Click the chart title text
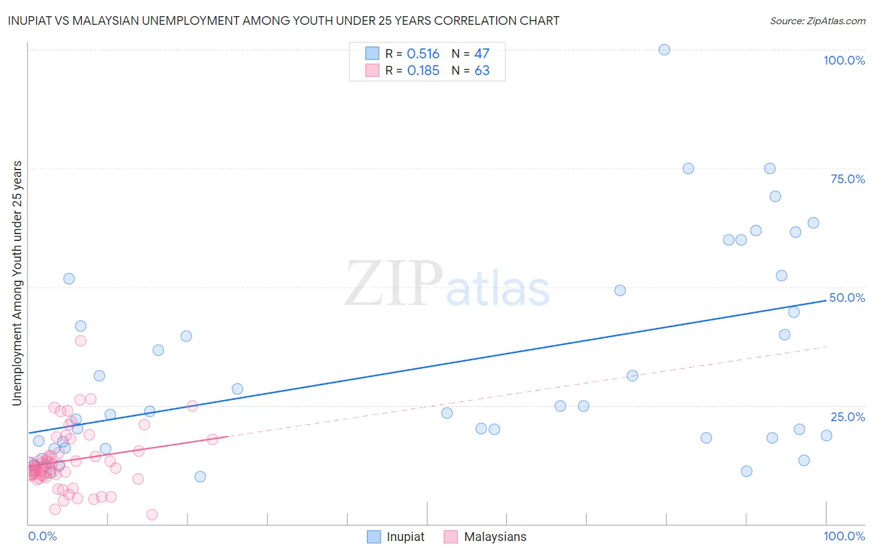click(x=284, y=21)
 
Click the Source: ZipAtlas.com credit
click(x=817, y=21)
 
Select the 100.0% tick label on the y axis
click(x=844, y=60)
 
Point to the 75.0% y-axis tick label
click(x=848, y=179)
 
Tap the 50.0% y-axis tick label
click(x=847, y=297)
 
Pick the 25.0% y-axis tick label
click(x=848, y=417)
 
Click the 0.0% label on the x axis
click(x=42, y=536)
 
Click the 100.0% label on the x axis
click(x=844, y=536)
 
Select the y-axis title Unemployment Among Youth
click(x=17, y=283)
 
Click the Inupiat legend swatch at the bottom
click(x=374, y=537)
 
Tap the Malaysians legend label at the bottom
click(x=495, y=537)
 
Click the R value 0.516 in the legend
click(x=423, y=54)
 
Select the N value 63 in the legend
click(x=482, y=71)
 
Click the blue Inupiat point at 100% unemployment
click(x=664, y=50)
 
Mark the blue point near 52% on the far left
click(x=69, y=279)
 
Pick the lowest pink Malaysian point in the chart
click(x=152, y=514)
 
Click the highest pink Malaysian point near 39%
click(x=81, y=341)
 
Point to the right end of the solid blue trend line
click(x=826, y=301)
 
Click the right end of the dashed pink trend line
click(x=826, y=347)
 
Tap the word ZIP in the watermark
click(x=393, y=284)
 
